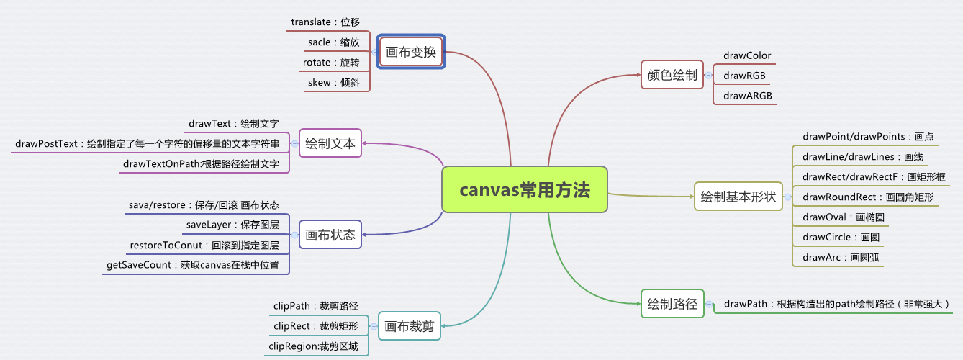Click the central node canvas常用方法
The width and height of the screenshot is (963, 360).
525,190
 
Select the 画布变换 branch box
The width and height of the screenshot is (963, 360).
411,52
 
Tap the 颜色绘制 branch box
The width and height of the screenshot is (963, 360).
672,75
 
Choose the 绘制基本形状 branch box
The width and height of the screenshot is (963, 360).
738,196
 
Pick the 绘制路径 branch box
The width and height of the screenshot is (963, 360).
672,304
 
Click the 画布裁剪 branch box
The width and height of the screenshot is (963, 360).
410,326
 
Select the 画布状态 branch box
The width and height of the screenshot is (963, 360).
330,235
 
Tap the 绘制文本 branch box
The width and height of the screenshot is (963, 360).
330,143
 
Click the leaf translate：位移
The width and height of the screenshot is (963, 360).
325,22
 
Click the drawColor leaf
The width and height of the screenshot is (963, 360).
747,55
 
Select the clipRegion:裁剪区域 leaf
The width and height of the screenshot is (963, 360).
313,346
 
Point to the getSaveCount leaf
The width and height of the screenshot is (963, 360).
192,265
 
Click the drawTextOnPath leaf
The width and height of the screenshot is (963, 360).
201,164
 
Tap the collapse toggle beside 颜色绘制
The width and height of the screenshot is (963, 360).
708,76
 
